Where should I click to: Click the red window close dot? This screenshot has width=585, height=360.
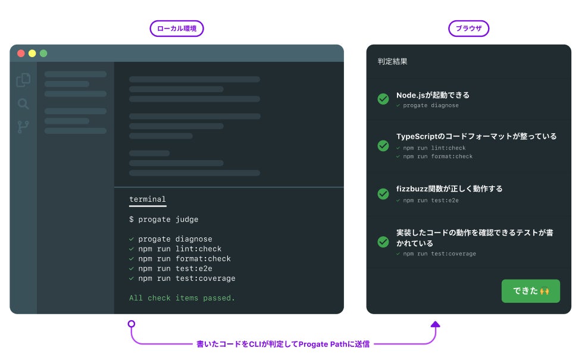point(21,54)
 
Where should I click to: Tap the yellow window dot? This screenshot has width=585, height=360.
point(32,54)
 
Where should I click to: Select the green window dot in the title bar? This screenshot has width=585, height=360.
point(43,54)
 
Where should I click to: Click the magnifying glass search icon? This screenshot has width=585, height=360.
point(23,104)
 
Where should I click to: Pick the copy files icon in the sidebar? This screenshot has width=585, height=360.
point(23,80)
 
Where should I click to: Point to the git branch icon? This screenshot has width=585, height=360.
point(23,127)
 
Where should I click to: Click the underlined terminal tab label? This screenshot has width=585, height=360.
point(148,200)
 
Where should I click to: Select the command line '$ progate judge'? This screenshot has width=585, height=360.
point(164,220)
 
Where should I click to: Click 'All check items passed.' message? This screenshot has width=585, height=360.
point(182,298)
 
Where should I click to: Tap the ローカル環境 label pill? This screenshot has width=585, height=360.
point(177,29)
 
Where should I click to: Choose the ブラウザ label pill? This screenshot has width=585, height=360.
point(469,29)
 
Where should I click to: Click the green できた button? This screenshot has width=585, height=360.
point(530,291)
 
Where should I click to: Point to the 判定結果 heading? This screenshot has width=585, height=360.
point(393,61)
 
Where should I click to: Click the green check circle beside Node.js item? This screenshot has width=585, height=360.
point(383,99)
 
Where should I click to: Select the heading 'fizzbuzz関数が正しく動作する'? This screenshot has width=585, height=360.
point(449,189)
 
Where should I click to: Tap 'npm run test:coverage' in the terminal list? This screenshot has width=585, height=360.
point(186,278)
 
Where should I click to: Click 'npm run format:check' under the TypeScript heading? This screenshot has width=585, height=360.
point(437,156)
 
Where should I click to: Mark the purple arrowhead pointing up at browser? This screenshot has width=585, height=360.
point(435,324)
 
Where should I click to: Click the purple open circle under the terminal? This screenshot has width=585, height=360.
point(132,324)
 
